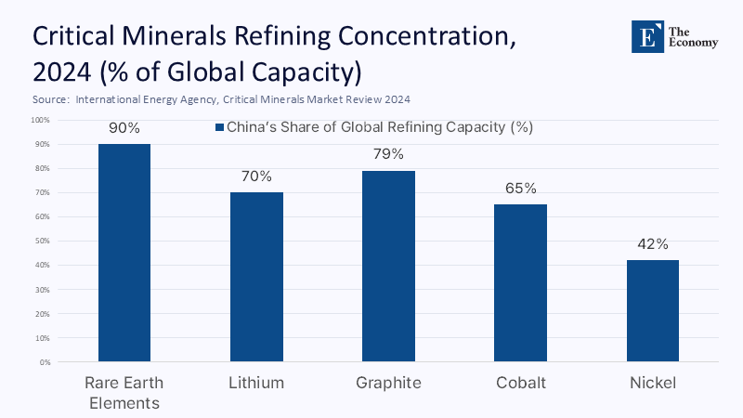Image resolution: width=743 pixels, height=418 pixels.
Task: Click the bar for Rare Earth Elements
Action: [124, 253]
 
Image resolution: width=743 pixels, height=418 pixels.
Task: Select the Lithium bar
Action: [256, 277]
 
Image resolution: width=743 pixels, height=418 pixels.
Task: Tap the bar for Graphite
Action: [388, 266]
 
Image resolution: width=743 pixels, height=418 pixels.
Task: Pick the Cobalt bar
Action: [520, 282]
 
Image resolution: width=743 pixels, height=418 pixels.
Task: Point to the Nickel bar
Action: [652, 310]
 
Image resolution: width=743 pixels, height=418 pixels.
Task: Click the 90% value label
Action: [124, 128]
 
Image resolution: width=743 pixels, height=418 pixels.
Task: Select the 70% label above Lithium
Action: [256, 176]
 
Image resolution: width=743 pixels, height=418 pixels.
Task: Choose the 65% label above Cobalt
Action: [520, 189]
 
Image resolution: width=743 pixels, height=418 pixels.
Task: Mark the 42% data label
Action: [652, 244]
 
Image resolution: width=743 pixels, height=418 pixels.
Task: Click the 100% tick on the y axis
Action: [41, 120]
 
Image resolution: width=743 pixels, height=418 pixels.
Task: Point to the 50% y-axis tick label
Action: [43, 242]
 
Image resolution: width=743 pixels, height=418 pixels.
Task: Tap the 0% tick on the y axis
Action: [45, 362]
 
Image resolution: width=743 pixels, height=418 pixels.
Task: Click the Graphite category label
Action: [388, 383]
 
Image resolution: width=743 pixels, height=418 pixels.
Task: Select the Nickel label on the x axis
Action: [652, 383]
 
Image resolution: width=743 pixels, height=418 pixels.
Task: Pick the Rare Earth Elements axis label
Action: [124, 392]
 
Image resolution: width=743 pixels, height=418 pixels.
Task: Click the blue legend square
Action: [220, 127]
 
